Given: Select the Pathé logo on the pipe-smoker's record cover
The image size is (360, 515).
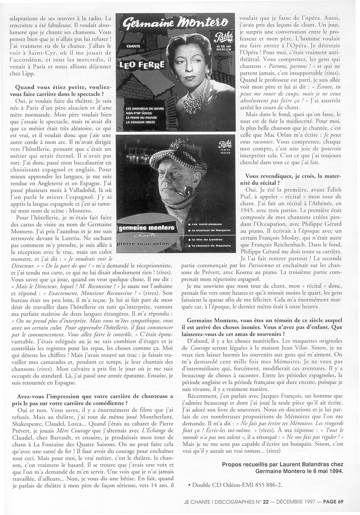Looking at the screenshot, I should (x=224, y=145).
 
